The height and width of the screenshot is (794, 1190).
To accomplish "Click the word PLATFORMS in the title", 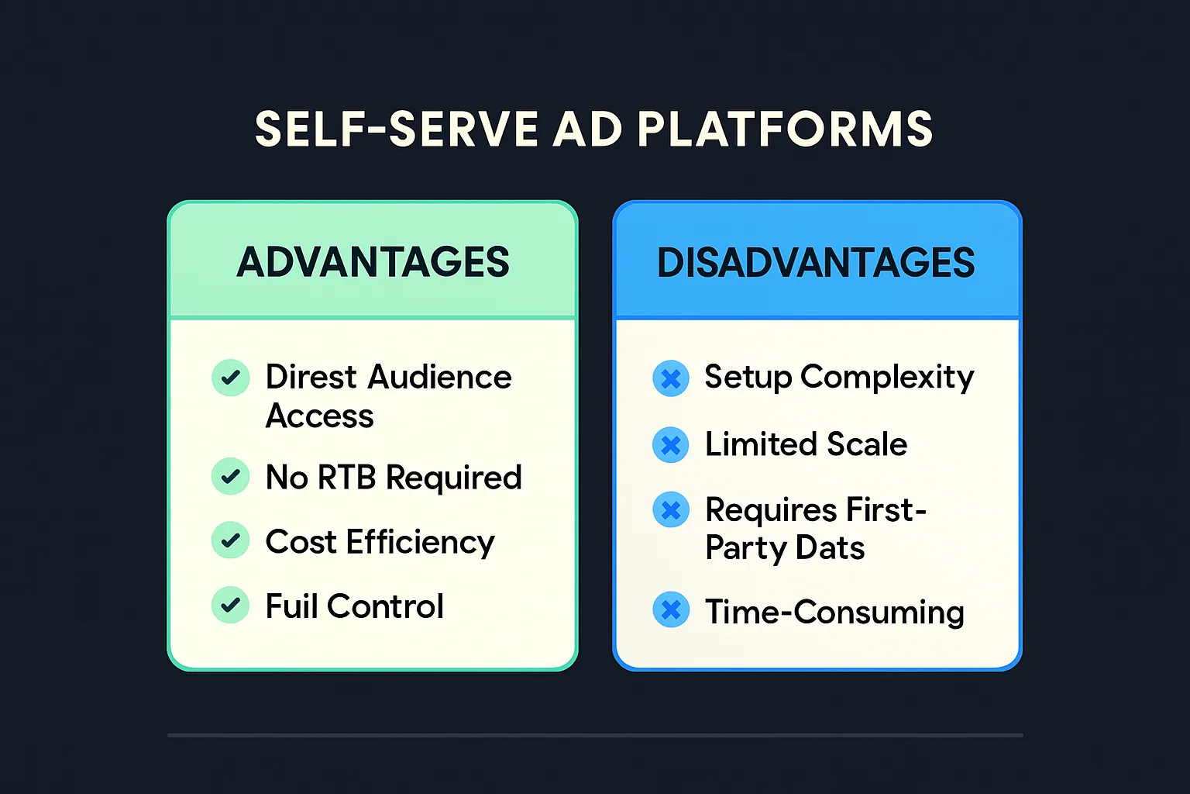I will click(785, 129).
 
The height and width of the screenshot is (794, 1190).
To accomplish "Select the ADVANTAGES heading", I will click(373, 262).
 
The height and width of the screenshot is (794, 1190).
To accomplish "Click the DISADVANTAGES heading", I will click(816, 263).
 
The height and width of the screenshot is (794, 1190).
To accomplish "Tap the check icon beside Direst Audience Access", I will click(230, 378).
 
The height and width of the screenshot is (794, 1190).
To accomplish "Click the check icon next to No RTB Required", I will click(230, 476).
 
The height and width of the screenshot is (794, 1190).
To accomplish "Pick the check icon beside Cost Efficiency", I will click(230, 540).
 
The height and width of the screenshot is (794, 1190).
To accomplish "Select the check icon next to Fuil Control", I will click(230, 605).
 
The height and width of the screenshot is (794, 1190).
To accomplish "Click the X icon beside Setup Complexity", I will click(671, 379).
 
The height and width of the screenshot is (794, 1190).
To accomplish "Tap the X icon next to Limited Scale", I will click(671, 445).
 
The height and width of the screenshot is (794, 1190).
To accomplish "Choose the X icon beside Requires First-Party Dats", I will click(671, 510).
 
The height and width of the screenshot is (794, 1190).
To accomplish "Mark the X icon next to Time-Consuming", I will click(671, 610).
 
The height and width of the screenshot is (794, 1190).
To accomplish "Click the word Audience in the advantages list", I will click(439, 378).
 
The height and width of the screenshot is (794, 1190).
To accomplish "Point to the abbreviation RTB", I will click(346, 478).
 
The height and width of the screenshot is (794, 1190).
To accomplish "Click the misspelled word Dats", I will click(830, 548).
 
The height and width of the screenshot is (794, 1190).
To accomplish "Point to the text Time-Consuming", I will click(834, 612).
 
